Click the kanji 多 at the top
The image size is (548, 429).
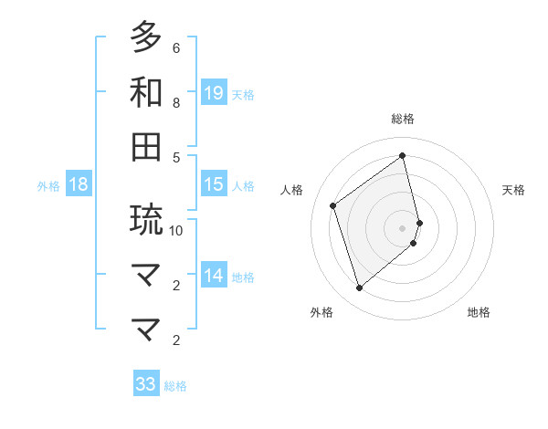[x=146, y=37]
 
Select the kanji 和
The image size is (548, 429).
[x=146, y=92]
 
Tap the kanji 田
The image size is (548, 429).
[x=146, y=147]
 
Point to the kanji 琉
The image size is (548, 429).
[x=146, y=220]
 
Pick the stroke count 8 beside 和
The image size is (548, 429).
[x=176, y=102]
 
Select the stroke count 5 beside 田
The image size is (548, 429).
[x=176, y=157]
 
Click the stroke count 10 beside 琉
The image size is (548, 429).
[x=176, y=230]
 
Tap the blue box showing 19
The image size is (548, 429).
[x=213, y=92]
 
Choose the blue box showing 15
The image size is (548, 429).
[x=213, y=184]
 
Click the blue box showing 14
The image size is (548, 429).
[x=213, y=276]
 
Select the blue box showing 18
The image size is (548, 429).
[x=79, y=184]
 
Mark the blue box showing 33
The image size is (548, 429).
[x=146, y=384]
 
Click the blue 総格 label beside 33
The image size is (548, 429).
[x=175, y=386]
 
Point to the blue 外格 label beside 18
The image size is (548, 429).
[x=48, y=186]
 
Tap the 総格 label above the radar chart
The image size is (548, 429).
[x=403, y=119]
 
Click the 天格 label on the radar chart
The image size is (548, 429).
[x=513, y=190]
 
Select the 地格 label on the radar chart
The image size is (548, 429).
[x=479, y=312]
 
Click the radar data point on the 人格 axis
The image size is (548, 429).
[x=333, y=205]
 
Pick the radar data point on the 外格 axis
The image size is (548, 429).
[x=359, y=288]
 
